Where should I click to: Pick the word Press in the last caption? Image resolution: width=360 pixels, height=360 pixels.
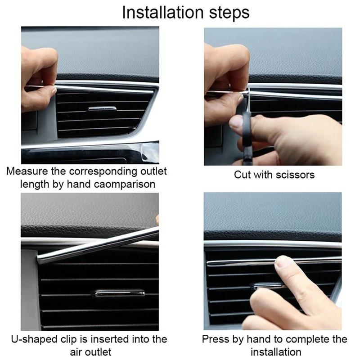tap(214, 339)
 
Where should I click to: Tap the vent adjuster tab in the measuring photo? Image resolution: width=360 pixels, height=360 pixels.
tap(102, 109)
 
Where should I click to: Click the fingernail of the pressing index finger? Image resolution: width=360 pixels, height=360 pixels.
tap(282, 261)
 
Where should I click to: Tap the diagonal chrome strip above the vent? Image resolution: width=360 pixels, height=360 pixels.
tap(97, 245)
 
